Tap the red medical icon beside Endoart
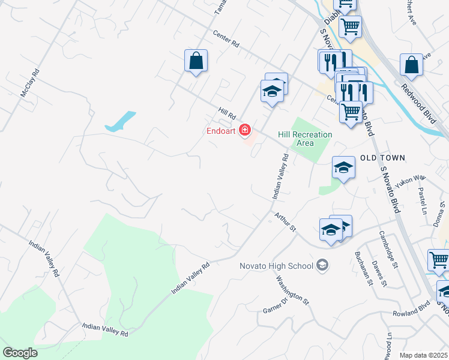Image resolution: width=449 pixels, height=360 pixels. point(244,130)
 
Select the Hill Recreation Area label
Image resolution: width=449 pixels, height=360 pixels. point(304,139)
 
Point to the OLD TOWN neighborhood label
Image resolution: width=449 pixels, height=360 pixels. point(383,158)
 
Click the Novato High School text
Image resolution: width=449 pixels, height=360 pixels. point(268,266)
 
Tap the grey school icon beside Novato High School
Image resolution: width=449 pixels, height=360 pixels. point(322,265)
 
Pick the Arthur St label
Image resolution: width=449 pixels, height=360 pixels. point(286,221)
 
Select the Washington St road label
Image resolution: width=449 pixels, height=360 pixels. point(292,289)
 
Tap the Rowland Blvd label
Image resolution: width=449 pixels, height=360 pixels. point(409,313)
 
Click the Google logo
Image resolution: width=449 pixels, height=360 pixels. point(20,353)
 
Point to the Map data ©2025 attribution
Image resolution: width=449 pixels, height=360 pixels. point(423,355)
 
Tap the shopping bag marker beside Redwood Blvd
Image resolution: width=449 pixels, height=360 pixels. point(411,65)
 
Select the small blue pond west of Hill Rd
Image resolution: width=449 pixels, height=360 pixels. point(120,122)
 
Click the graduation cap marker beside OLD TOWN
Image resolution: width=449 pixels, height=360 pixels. point(344,167)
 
